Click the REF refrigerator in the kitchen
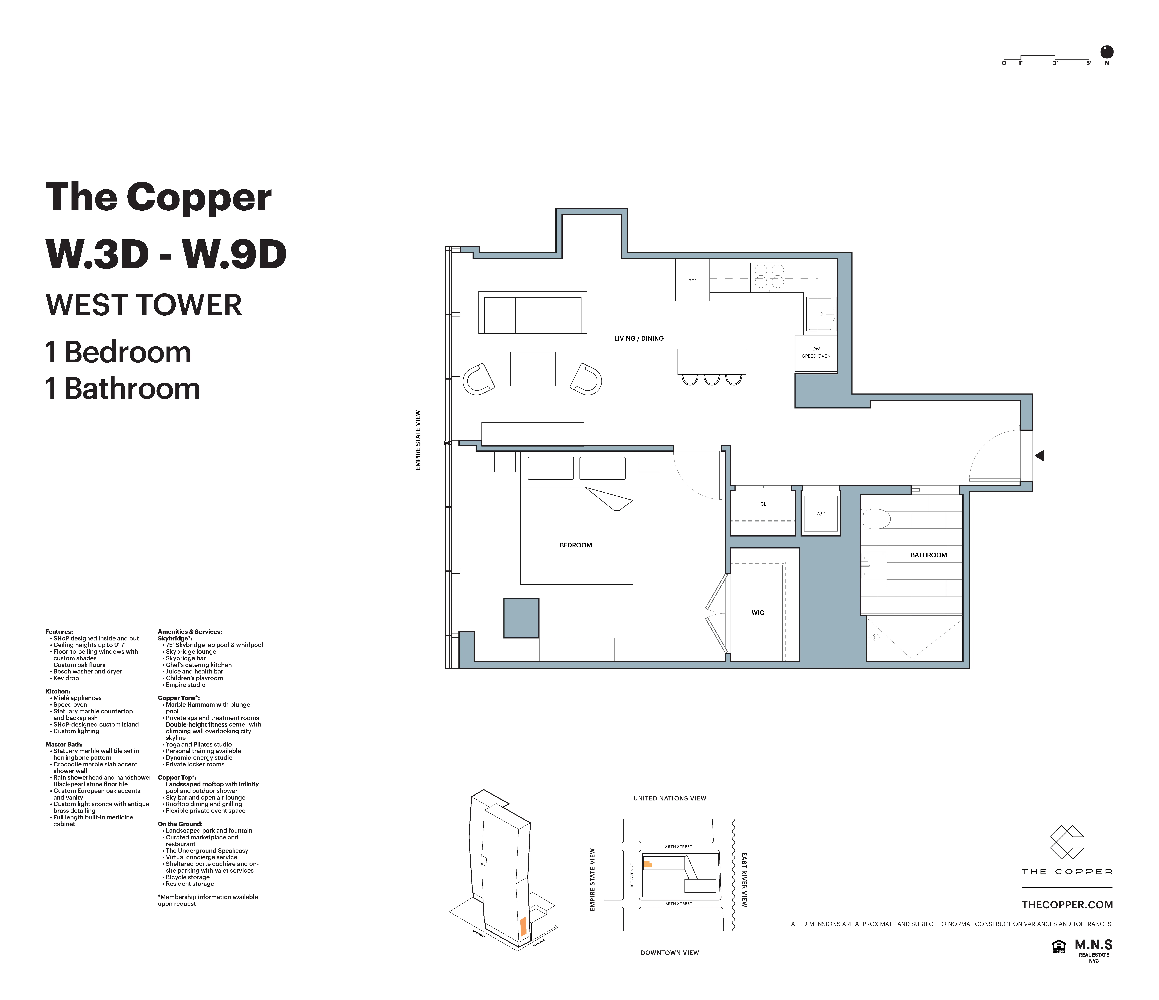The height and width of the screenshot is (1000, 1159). pyautogui.click(x=693, y=280)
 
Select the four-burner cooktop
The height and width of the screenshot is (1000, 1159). pyautogui.click(x=769, y=277)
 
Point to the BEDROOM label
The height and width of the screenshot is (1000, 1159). pyautogui.click(x=576, y=545)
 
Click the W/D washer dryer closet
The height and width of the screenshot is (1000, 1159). pyautogui.click(x=821, y=513)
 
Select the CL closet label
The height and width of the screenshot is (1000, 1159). pyautogui.click(x=763, y=504)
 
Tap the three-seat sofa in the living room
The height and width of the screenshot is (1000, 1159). pyautogui.click(x=533, y=313)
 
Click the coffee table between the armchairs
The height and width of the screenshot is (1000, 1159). pyautogui.click(x=533, y=369)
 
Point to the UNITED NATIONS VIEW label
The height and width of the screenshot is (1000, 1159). pyautogui.click(x=669, y=799)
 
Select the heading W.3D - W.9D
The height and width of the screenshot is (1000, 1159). pyautogui.click(x=166, y=255)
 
